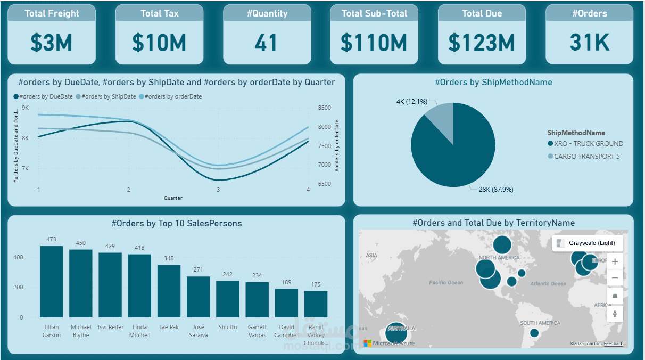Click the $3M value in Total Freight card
(x=51, y=43)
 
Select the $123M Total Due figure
(x=481, y=43)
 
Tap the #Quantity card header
(x=267, y=14)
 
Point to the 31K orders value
(x=589, y=43)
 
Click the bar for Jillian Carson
(x=51, y=282)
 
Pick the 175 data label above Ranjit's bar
(x=316, y=284)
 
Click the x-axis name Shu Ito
(x=228, y=327)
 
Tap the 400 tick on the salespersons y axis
(x=18, y=257)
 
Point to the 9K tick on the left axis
(x=26, y=108)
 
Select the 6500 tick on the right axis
(x=325, y=184)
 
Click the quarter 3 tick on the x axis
(x=218, y=190)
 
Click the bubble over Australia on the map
(x=395, y=334)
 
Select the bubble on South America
(x=534, y=333)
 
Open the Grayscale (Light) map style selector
(x=588, y=243)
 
